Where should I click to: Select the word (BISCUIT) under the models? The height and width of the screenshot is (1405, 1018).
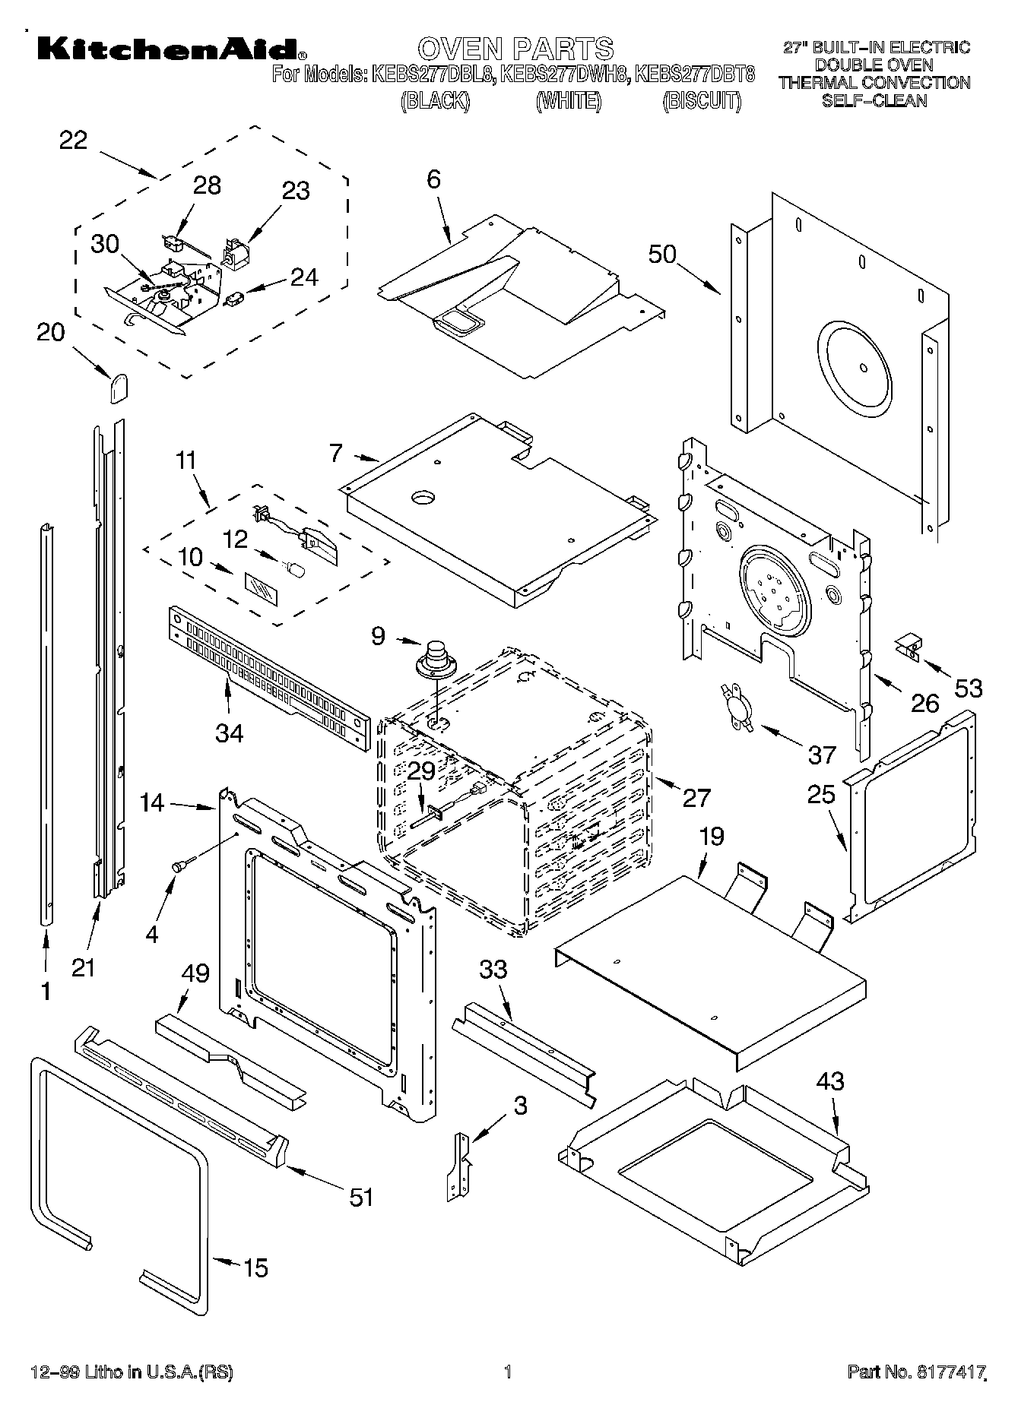tap(701, 100)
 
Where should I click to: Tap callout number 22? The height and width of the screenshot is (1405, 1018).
tap(73, 141)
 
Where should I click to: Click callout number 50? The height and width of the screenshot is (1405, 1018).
tap(662, 254)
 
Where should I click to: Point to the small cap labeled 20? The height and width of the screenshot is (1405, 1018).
tap(117, 388)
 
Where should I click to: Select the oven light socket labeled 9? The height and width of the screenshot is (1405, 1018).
tap(436, 660)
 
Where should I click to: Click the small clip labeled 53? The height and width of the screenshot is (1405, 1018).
tap(907, 646)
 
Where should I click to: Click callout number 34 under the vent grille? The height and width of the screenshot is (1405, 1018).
tap(229, 733)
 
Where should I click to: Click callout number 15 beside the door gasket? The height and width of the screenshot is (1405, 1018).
tap(255, 1267)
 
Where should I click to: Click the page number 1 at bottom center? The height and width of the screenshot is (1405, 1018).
tap(508, 1372)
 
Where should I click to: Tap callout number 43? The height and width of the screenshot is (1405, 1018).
tap(830, 1081)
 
